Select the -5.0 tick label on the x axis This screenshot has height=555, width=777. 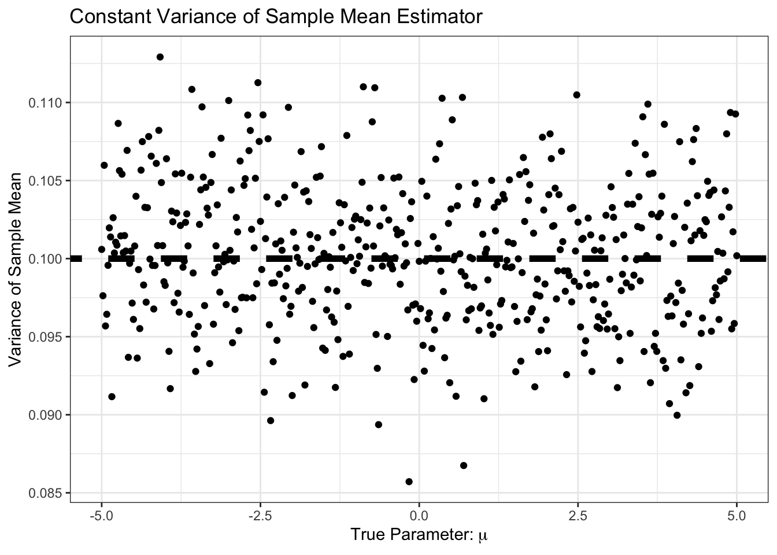[x=101, y=513]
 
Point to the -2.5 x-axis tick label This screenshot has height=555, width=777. [x=260, y=513]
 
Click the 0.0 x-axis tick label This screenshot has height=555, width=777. [x=419, y=513]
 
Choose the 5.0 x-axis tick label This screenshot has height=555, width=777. [x=736, y=513]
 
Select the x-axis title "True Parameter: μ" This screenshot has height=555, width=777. [x=419, y=535]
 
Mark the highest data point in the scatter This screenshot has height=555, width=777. [x=160, y=57]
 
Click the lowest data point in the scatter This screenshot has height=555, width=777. [x=409, y=482]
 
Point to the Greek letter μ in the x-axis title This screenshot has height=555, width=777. [x=483, y=536]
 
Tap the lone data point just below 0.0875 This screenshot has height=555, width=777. [x=463, y=465]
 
